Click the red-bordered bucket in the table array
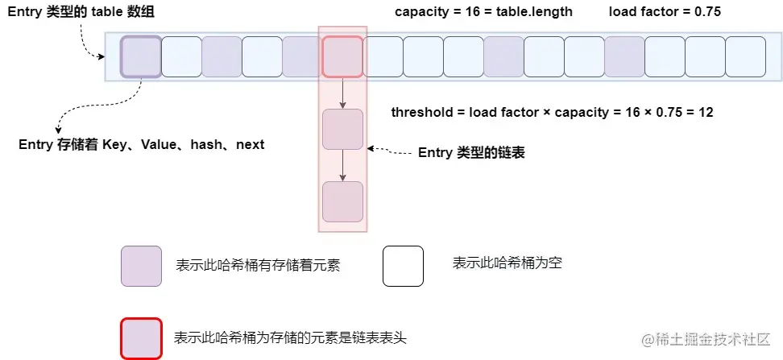click(342, 56)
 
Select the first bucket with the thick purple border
click(141, 56)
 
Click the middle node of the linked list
click(342, 129)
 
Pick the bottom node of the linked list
click(342, 201)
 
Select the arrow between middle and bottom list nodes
click(342, 165)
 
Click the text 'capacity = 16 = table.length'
click(483, 12)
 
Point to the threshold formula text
click(552, 113)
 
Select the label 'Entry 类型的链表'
click(471, 152)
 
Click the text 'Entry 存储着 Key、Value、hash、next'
click(141, 145)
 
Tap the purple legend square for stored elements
click(141, 266)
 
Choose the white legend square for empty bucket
click(403, 266)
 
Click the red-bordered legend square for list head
click(141, 338)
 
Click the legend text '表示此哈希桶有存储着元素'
click(257, 266)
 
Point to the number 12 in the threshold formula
click(706, 113)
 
